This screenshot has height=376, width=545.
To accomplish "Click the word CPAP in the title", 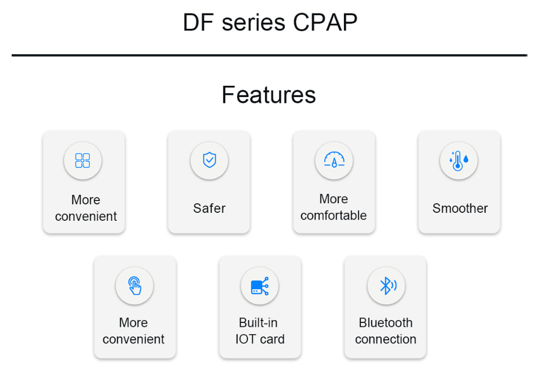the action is click(x=325, y=23).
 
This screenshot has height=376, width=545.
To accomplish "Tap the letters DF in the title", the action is click(x=198, y=23).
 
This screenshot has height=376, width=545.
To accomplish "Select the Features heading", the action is click(x=269, y=94).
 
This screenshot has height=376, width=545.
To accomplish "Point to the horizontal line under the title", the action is click(x=269, y=55).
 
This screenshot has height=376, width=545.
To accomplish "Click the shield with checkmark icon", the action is click(x=209, y=160).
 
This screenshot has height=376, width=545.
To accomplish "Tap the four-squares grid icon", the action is click(x=82, y=160).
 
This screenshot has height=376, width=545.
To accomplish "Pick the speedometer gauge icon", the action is click(x=334, y=160).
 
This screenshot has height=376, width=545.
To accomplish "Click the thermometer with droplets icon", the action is click(x=459, y=161).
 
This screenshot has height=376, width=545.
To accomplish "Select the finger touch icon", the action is click(x=135, y=286).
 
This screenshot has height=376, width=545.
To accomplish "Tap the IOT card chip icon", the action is click(x=260, y=286).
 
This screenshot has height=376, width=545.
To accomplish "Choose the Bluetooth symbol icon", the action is click(x=388, y=286).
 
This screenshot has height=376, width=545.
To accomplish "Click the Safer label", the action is click(x=209, y=208).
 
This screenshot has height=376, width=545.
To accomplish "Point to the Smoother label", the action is click(x=460, y=208).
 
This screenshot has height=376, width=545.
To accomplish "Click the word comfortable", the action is click(x=333, y=216).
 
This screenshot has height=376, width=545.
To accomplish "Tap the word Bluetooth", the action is click(x=386, y=323).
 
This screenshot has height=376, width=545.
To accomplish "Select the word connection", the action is click(x=386, y=339).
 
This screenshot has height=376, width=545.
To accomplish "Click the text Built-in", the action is click(x=258, y=323).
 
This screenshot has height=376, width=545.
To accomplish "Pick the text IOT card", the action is click(x=260, y=339).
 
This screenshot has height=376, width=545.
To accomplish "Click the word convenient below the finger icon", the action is click(x=133, y=339).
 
